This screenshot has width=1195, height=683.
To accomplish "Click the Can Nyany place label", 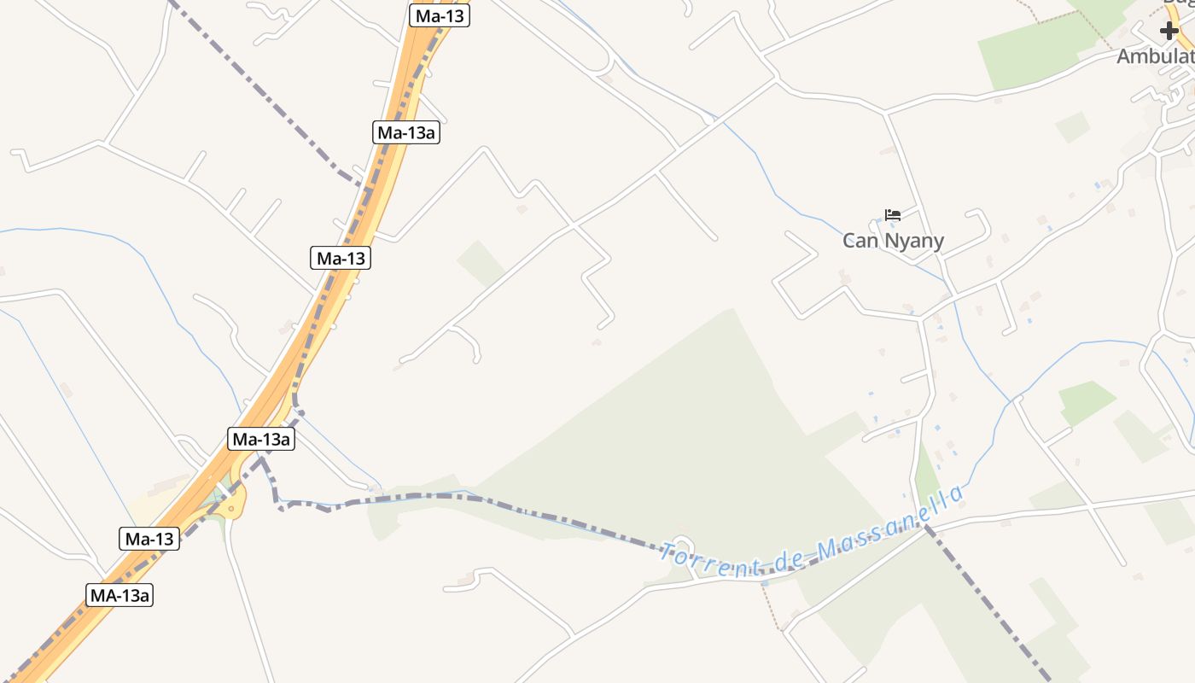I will (x=893, y=241).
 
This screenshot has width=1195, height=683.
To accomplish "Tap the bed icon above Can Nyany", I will (x=893, y=214).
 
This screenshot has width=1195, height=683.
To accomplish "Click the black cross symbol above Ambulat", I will (x=1169, y=32).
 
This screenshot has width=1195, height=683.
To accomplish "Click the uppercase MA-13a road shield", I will (x=119, y=595).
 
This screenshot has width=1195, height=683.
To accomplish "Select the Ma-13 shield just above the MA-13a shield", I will (x=149, y=539).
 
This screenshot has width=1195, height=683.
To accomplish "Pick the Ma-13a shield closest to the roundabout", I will (x=262, y=439).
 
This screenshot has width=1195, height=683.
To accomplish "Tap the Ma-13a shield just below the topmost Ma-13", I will (x=408, y=132).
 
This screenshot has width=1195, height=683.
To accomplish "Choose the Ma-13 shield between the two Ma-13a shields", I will (x=341, y=258).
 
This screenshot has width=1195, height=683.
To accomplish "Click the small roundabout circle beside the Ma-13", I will (x=230, y=508).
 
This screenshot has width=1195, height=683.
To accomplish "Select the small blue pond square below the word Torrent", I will (x=765, y=583).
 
